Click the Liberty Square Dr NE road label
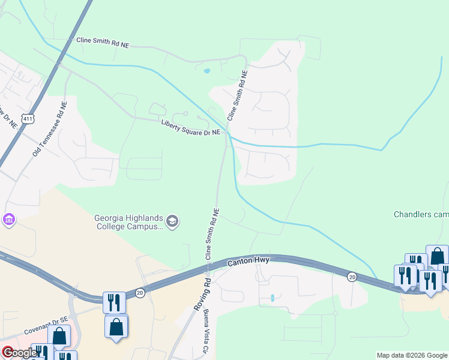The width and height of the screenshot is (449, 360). [x=191, y=128]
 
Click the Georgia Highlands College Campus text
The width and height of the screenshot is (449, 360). [x=128, y=222]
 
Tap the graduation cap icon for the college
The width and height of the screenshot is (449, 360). [x=173, y=222]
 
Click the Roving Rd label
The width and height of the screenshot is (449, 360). [x=202, y=292]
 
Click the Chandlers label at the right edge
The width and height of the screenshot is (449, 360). [x=421, y=214]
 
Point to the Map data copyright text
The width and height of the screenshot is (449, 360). [x=412, y=355]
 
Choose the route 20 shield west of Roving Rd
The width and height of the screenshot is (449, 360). [x=140, y=292]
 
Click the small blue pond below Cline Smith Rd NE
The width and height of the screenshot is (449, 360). [x=207, y=71]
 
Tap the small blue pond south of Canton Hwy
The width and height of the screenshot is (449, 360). [x=272, y=297]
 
